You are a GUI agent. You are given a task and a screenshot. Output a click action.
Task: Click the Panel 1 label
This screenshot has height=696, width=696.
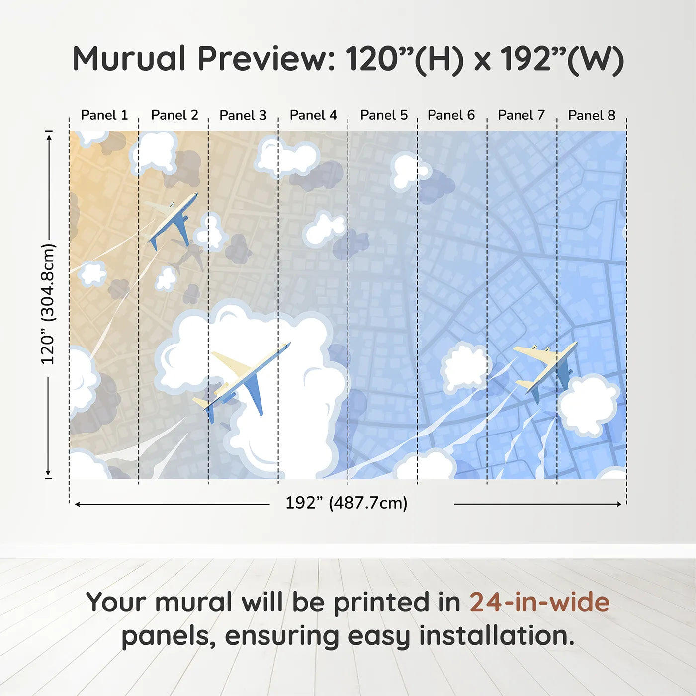pyautogui.click(x=104, y=115)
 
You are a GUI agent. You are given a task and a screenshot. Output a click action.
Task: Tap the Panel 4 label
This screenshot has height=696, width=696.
pyautogui.click(x=313, y=115)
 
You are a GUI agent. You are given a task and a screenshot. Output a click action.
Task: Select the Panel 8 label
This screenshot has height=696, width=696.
pyautogui.click(x=592, y=115)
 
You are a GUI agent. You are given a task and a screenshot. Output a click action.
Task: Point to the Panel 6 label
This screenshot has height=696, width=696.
pyautogui.click(x=451, y=115)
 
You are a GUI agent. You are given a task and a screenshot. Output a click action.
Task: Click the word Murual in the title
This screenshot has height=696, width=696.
pyautogui.click(x=129, y=59)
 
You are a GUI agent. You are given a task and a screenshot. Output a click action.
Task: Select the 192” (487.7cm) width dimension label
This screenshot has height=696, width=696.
pyautogui.click(x=346, y=503)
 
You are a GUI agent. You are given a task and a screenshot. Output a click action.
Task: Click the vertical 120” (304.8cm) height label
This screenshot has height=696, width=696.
pyautogui.click(x=48, y=304)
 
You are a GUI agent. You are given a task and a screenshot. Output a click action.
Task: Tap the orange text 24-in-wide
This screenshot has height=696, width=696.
pyautogui.click(x=539, y=602)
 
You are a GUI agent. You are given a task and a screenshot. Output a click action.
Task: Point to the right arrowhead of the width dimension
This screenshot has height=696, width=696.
pyautogui.click(x=619, y=504)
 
